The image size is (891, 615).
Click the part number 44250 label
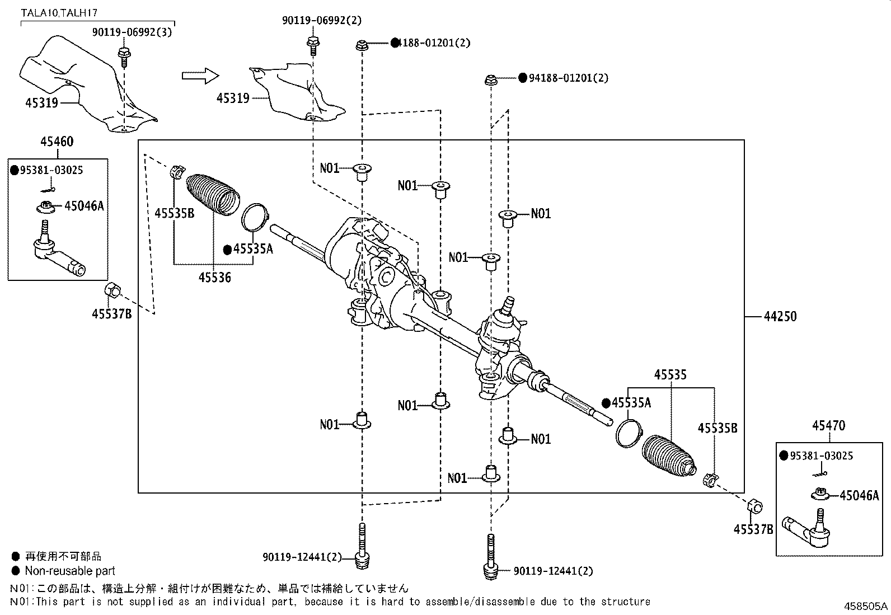pyautogui.click(x=780, y=316)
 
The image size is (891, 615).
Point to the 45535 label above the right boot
pyautogui.click(x=670, y=375)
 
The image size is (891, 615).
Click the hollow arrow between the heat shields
pyautogui.click(x=199, y=75)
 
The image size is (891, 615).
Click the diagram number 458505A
pyautogui.click(x=866, y=605)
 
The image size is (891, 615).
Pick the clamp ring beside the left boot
pyautogui.click(x=255, y=217)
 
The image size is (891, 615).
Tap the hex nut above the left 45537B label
pyautogui.click(x=112, y=290)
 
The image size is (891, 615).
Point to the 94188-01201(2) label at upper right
pyautogui.click(x=564, y=78)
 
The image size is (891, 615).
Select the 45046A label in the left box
pyautogui.click(x=84, y=206)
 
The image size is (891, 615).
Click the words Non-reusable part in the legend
pyautogui.click(x=70, y=571)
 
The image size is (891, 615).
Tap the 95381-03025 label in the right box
pyautogui.click(x=821, y=456)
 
